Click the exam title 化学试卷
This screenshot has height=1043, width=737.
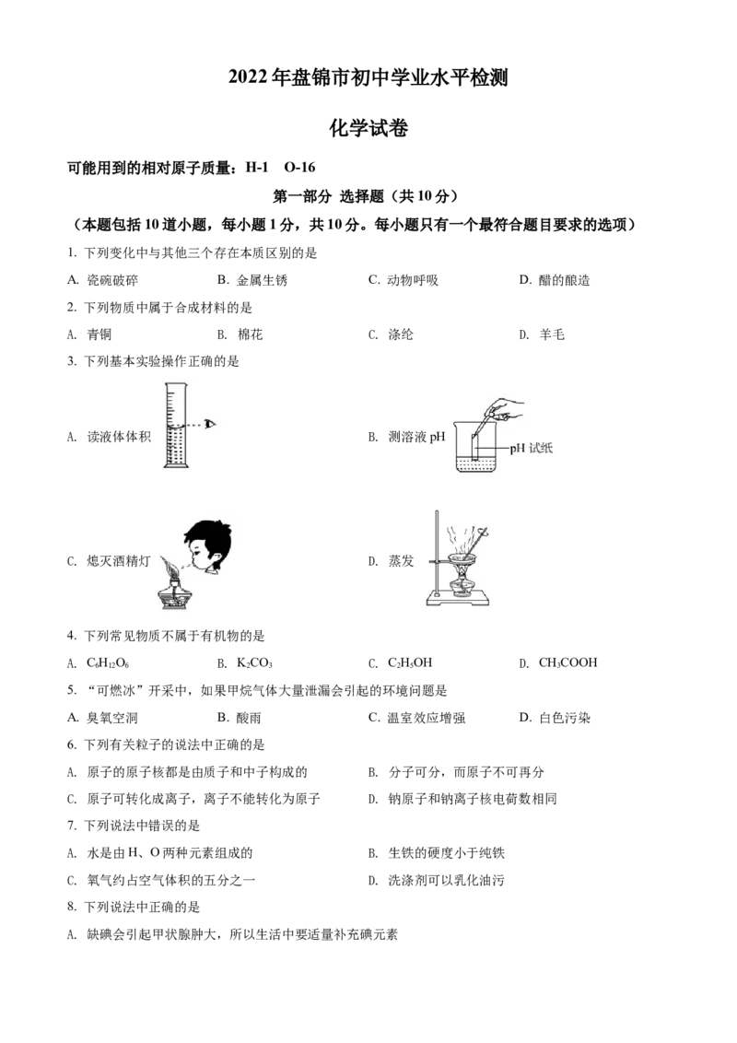tap(368, 128)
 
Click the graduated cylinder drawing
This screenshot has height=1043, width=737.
tap(176, 425)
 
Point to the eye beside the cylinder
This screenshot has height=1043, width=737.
tap(210, 424)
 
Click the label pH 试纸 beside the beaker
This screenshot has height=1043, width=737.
tap(532, 449)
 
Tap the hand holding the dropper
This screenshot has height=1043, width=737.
tap(509, 408)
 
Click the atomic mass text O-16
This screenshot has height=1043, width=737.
tap(299, 168)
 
